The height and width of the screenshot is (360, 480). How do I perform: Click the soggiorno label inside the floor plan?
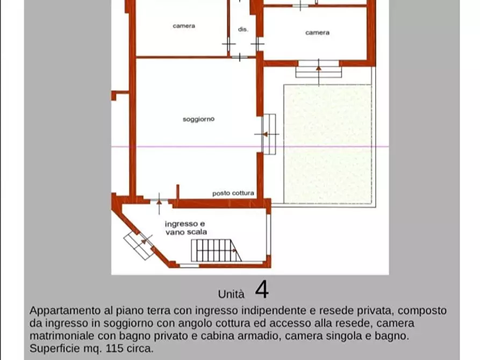pos(198,119)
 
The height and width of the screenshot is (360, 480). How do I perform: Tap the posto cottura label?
pos(233,193)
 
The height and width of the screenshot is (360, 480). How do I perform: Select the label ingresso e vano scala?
pos(185,227)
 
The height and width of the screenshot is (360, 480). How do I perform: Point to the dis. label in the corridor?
pos(243,30)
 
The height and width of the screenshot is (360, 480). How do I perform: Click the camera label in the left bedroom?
pos(184,26)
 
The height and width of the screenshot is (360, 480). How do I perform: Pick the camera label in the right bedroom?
pos(317,33)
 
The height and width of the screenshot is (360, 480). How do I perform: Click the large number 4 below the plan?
pos(261,290)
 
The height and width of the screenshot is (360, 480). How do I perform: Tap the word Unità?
pos(231,294)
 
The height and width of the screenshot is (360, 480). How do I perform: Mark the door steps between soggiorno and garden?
pos(269,134)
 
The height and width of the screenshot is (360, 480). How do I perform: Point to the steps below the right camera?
pos(318,69)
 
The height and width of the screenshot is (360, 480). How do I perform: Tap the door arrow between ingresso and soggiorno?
pos(159,199)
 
